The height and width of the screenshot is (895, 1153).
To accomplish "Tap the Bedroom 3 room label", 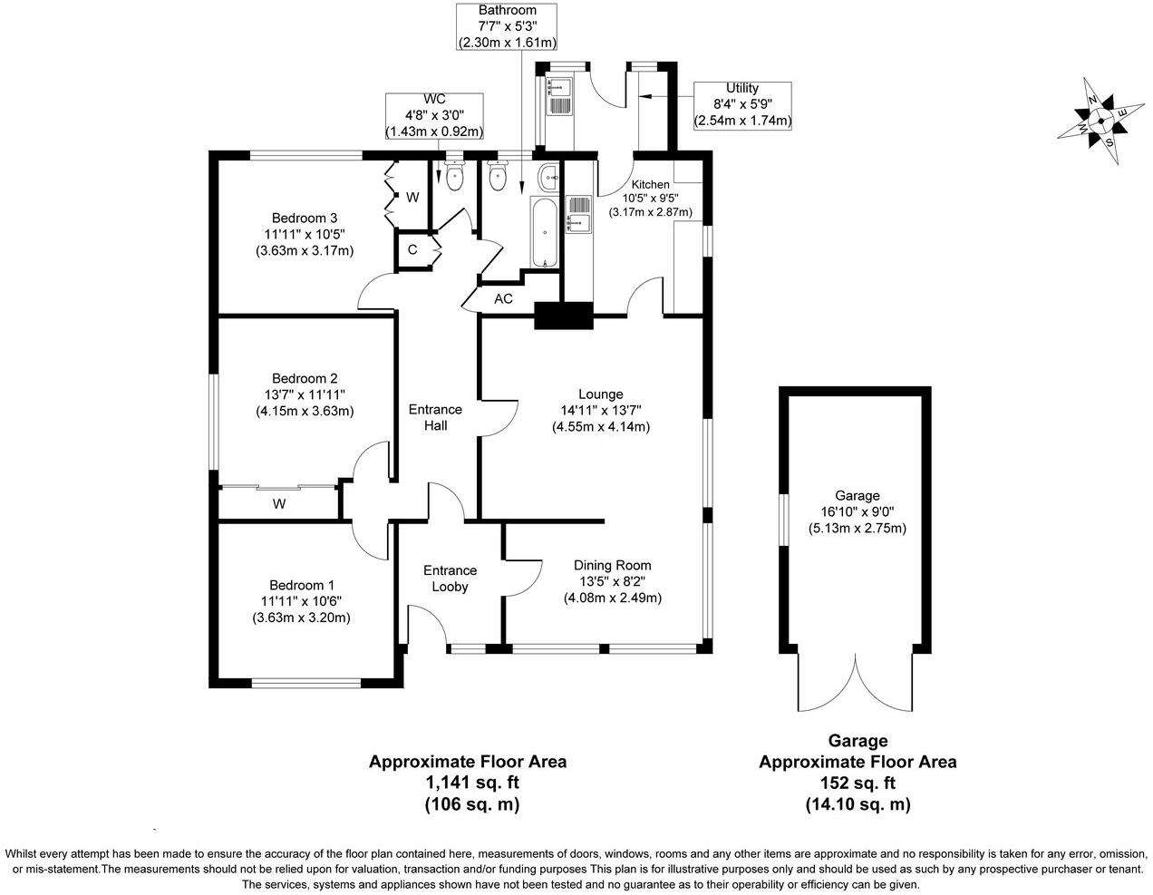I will pyautogui.click(x=305, y=218).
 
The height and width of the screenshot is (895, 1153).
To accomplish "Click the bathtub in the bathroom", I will pyautogui.click(x=544, y=233).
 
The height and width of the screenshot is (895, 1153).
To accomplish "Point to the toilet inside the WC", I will pyautogui.click(x=453, y=177).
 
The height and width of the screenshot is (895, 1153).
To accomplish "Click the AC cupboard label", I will pyautogui.click(x=503, y=298).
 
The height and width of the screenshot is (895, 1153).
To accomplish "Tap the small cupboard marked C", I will pyautogui.click(x=412, y=250).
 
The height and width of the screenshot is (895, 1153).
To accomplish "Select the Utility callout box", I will pyautogui.click(x=742, y=104).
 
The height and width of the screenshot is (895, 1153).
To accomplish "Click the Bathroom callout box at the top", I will pyautogui.click(x=507, y=26).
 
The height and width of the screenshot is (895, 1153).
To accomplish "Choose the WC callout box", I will pyautogui.click(x=433, y=115).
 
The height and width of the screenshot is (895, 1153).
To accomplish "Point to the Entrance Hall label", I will pyautogui.click(x=435, y=417).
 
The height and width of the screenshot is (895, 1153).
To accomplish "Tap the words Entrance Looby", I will pyautogui.click(x=451, y=579).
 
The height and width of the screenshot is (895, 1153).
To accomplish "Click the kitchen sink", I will pyautogui.click(x=576, y=214).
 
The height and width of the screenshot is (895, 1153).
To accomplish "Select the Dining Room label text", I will pyautogui.click(x=613, y=565).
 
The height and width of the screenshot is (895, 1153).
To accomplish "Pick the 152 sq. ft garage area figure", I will pyautogui.click(x=857, y=783).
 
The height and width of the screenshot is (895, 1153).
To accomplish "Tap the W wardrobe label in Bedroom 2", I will pyautogui.click(x=279, y=503).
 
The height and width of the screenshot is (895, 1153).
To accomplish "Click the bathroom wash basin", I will pyautogui.click(x=548, y=177).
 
